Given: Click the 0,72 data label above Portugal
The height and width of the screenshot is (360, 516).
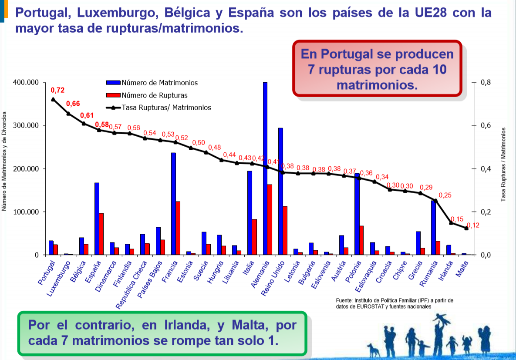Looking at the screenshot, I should coord(57,91).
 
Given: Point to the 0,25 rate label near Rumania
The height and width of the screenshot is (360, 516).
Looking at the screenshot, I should coord(445,196).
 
